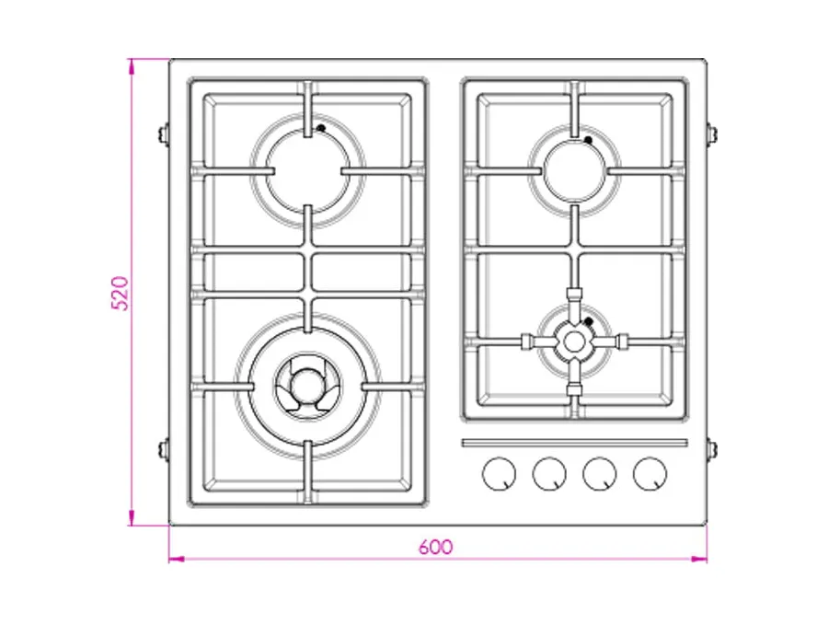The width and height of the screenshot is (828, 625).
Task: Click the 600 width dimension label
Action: (x=436, y=547)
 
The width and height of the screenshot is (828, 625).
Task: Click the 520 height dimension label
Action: (x=120, y=294)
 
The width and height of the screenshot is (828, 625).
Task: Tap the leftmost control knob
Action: (x=499, y=473)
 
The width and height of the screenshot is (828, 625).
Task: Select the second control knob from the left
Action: (x=549, y=473)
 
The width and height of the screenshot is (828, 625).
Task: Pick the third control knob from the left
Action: (x=599, y=473)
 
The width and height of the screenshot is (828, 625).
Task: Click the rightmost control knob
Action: (x=650, y=473)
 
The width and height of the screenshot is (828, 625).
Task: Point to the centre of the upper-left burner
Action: (x=308, y=171)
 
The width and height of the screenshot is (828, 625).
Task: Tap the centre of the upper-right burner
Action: (x=574, y=171)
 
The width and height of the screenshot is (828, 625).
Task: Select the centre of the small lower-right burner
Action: (x=574, y=341)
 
